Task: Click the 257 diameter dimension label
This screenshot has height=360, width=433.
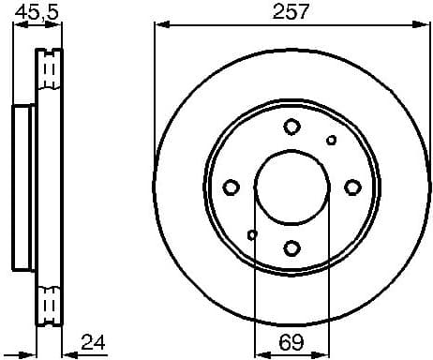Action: coord(291,12)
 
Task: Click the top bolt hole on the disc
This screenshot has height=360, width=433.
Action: coord(292,127)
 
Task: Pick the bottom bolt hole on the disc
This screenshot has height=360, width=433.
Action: coord(292,247)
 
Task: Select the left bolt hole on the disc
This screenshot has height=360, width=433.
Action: coord(231,187)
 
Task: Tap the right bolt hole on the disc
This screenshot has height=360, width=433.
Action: coord(353,187)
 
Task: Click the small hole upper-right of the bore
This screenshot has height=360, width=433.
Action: coord(332,141)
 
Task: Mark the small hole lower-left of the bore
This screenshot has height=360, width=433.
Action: coord(252,233)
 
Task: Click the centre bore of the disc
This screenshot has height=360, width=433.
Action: coord(292,187)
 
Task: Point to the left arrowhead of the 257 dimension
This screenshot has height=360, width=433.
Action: coord(158,25)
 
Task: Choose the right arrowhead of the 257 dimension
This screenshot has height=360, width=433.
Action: coord(425,25)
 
